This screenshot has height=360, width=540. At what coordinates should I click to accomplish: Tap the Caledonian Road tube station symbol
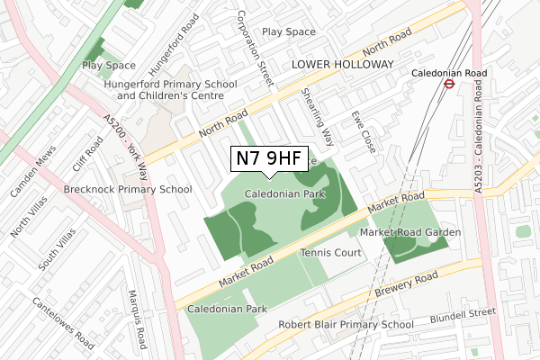446,85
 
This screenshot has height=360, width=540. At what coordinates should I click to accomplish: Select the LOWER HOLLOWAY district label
342,65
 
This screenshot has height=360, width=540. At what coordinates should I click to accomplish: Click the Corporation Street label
254,49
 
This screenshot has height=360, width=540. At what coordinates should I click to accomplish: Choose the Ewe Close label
364,130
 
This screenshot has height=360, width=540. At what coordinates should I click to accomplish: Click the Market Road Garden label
410,232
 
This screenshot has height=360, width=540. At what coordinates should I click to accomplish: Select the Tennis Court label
330,253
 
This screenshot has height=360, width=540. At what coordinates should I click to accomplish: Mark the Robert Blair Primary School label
346,325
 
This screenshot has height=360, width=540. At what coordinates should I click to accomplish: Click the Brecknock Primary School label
128,189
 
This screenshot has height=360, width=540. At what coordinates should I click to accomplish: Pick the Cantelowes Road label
64,323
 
